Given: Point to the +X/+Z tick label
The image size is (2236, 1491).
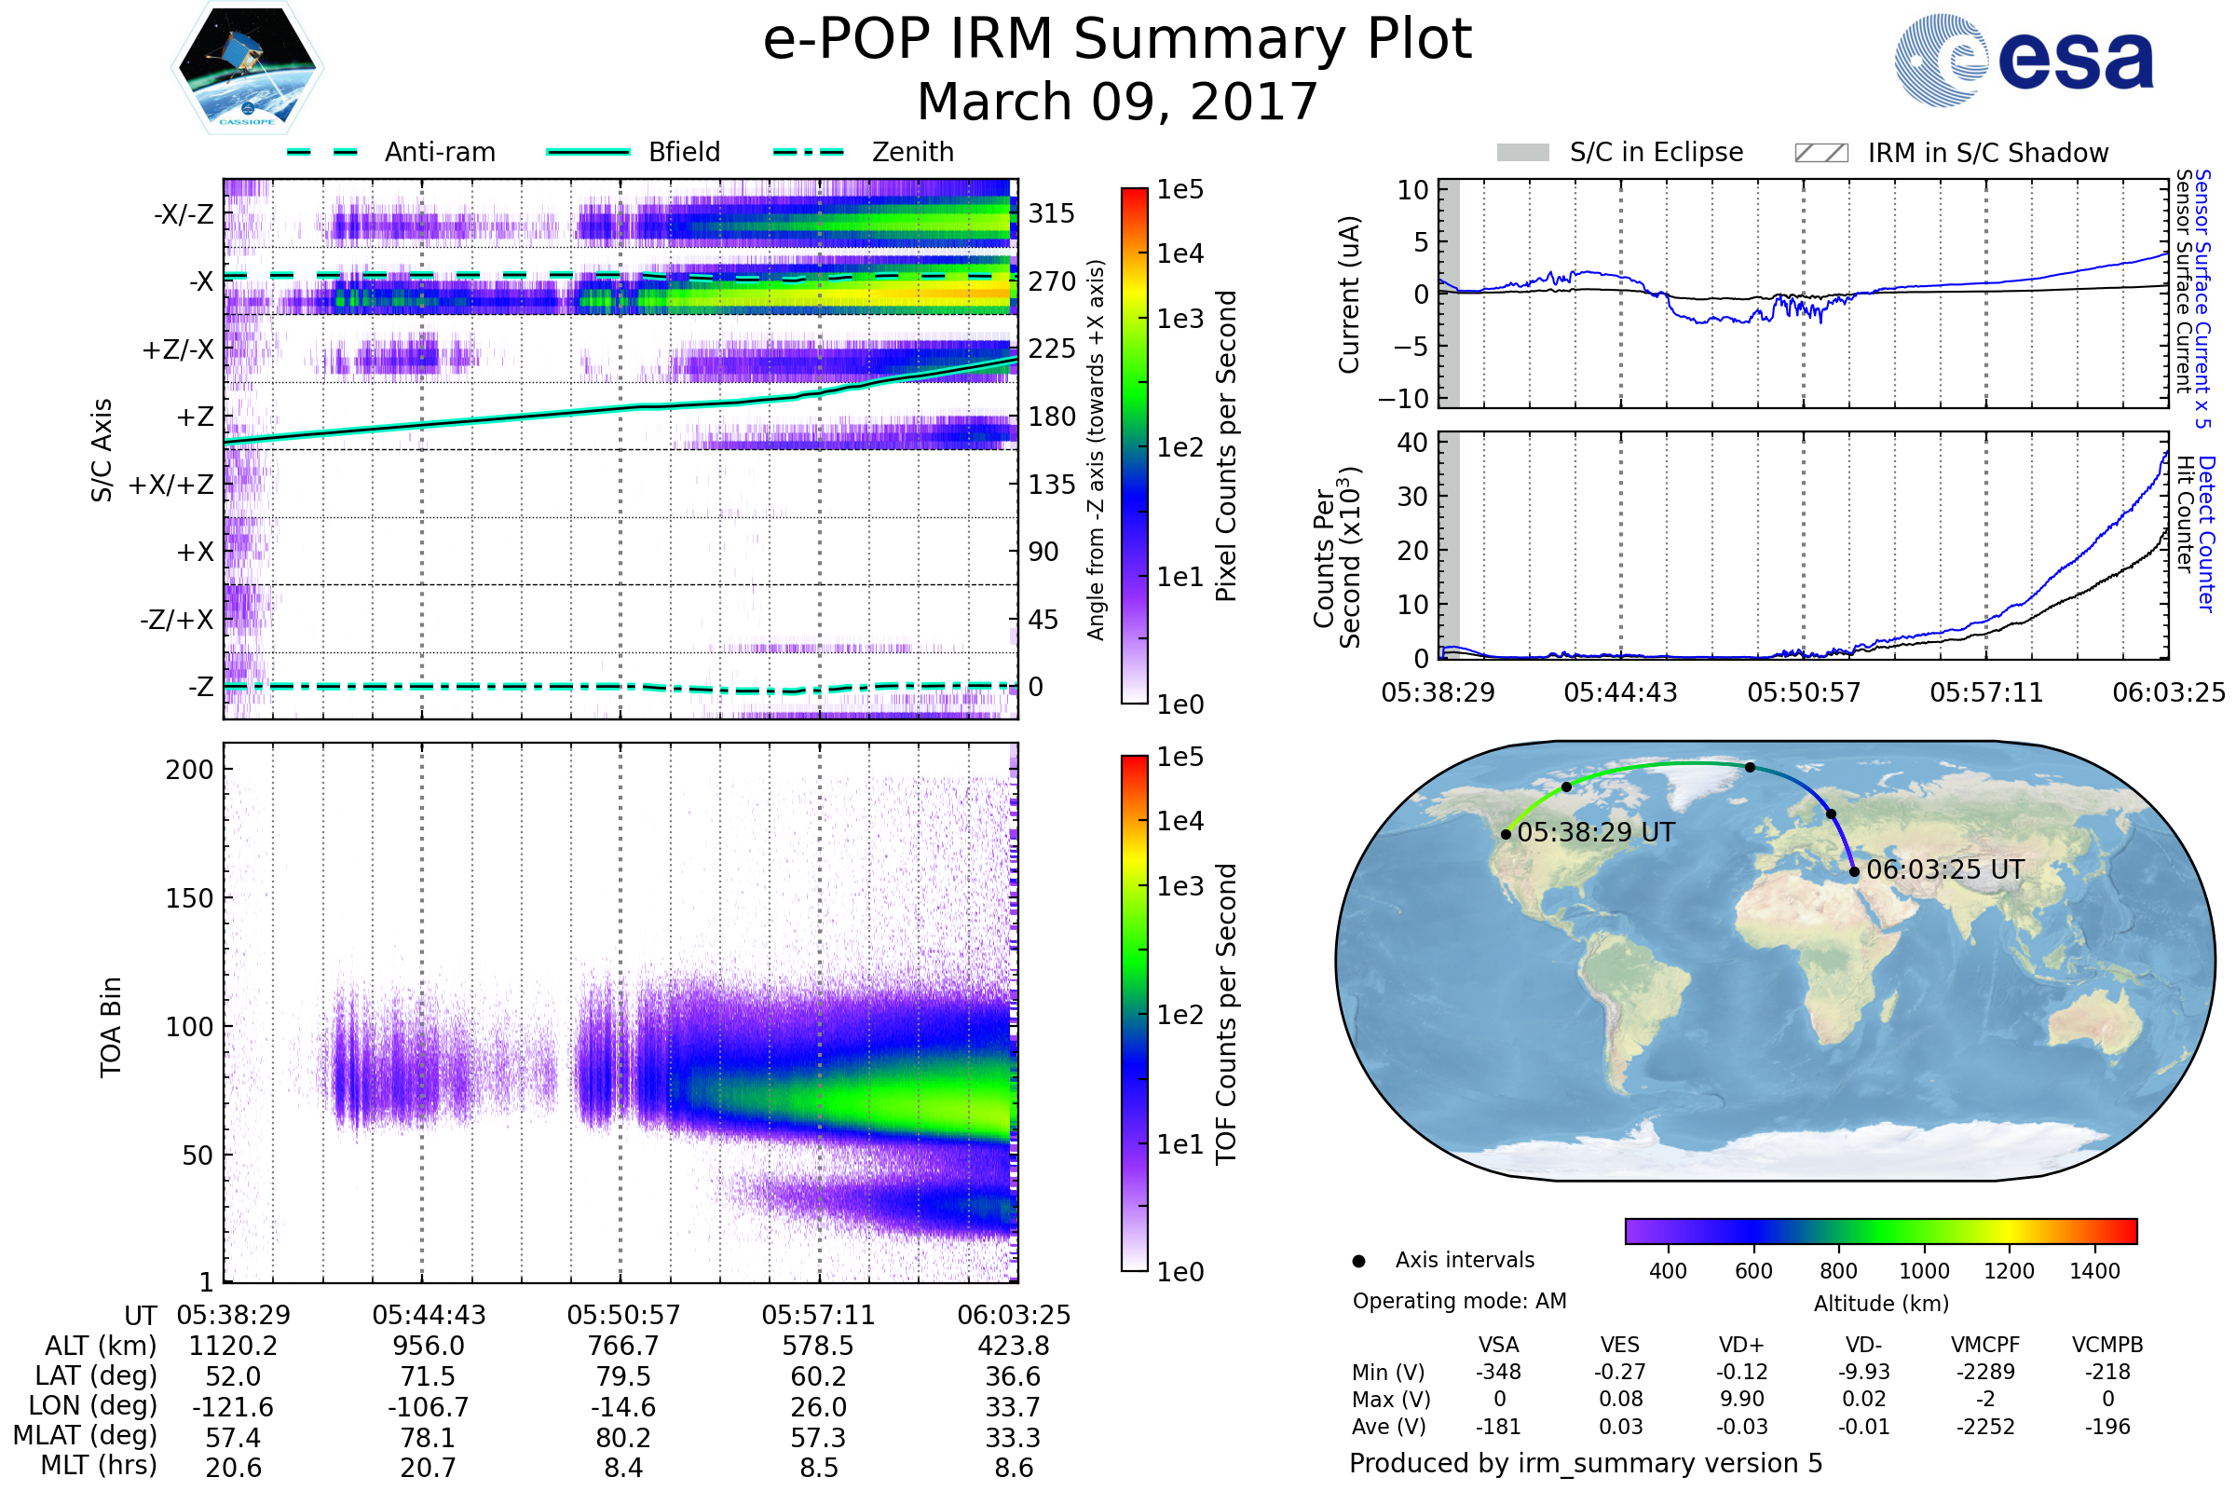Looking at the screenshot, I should [171, 485].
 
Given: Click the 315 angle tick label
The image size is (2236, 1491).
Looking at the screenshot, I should [1051, 213].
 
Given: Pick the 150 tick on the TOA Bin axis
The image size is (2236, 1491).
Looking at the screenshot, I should [189, 897].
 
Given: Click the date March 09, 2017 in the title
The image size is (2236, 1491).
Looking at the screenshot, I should [1117, 102].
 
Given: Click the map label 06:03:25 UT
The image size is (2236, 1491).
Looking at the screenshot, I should [1944, 869].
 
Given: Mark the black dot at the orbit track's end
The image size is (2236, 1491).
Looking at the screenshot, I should [1854, 871].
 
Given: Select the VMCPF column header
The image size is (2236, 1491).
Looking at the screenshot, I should [1985, 1345].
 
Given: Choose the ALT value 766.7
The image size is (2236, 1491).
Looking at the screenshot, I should [623, 1346].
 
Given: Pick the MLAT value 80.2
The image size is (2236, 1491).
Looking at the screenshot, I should [623, 1438].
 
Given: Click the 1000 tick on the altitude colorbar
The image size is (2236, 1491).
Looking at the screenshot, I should [1923, 1271].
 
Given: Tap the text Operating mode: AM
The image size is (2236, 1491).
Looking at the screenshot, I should [1459, 1301].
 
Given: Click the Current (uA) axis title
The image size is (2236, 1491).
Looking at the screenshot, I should [1349, 294].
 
